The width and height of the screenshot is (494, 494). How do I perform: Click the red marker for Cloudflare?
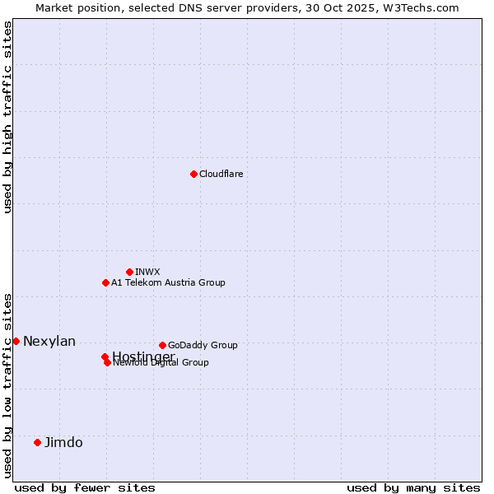(x=193, y=174)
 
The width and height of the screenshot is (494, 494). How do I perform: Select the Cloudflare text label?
(x=221, y=174)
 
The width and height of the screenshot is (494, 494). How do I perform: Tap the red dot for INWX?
(x=129, y=272)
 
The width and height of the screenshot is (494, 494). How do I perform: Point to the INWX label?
(x=147, y=272)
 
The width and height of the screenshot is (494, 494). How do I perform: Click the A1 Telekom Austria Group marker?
(x=105, y=282)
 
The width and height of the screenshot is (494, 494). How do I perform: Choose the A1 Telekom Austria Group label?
(x=168, y=282)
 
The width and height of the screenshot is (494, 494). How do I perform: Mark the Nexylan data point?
(x=16, y=341)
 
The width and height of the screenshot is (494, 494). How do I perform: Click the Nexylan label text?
(x=49, y=342)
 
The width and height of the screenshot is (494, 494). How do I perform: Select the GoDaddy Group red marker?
(x=162, y=345)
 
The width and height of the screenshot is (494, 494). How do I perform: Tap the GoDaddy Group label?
(x=203, y=345)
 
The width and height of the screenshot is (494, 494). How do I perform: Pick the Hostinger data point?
(x=105, y=357)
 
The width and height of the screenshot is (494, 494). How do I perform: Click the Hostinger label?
(x=143, y=356)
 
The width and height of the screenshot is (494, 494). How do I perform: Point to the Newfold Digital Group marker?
(x=107, y=362)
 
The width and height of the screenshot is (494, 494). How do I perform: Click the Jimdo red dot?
(x=37, y=442)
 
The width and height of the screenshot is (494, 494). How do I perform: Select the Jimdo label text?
(x=63, y=443)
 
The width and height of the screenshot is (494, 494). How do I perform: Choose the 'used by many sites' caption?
(x=413, y=488)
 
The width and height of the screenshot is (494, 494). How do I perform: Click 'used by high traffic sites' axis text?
(x=7, y=117)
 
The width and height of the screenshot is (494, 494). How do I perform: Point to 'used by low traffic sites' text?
(x=7, y=384)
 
